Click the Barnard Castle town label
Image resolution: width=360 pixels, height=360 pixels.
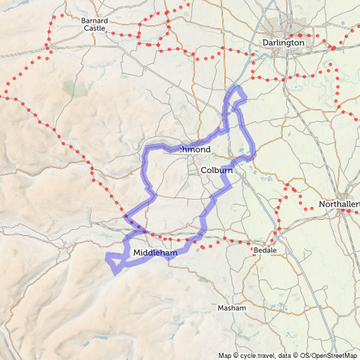(x=94, y=25)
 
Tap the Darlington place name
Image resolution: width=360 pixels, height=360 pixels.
(x=283, y=42)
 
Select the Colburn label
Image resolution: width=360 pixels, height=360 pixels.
(x=217, y=170)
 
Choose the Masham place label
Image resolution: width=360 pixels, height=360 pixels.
(x=232, y=308)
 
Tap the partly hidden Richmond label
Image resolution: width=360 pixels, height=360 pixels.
(x=195, y=150)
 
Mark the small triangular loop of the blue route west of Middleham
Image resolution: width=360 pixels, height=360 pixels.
(x=112, y=262)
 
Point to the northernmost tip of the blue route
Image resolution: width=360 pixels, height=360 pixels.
(x=238, y=88)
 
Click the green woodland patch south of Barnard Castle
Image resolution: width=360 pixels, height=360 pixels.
(x=69, y=87)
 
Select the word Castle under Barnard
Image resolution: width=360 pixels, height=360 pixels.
(x=94, y=29)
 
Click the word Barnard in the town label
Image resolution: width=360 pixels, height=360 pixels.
(x=94, y=20)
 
